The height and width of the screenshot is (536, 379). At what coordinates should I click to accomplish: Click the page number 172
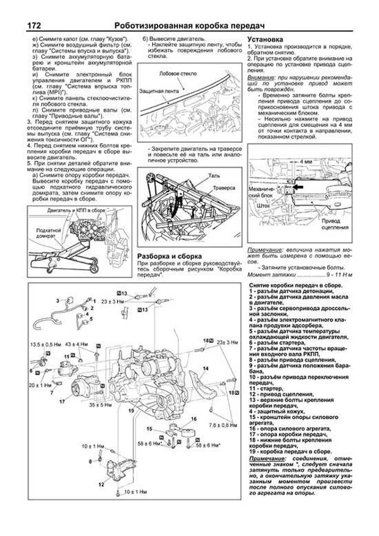(x=34, y=26)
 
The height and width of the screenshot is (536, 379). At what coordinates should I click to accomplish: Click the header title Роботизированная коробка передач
(x=189, y=26)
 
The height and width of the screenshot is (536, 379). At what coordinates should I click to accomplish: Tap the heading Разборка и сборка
(x=169, y=256)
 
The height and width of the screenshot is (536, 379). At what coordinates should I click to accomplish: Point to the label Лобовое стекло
(x=178, y=74)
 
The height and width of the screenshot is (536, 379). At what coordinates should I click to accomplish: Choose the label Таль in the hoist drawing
(x=214, y=176)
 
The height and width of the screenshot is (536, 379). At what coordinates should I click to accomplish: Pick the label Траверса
(x=224, y=188)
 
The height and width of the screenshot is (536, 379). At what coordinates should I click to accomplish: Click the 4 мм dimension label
(x=305, y=161)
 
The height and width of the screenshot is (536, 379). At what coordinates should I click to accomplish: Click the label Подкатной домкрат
(x=48, y=233)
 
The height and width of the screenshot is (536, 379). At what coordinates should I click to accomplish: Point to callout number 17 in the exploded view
(x=62, y=402)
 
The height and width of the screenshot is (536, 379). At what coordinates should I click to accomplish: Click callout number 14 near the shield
(x=206, y=368)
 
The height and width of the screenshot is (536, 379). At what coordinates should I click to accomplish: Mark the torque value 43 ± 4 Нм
(x=76, y=344)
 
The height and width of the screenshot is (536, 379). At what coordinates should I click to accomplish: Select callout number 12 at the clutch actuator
(x=101, y=484)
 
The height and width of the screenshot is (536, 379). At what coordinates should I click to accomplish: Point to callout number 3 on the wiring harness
(x=57, y=301)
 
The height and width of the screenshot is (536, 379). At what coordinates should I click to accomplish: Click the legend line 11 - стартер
(x=266, y=388)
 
